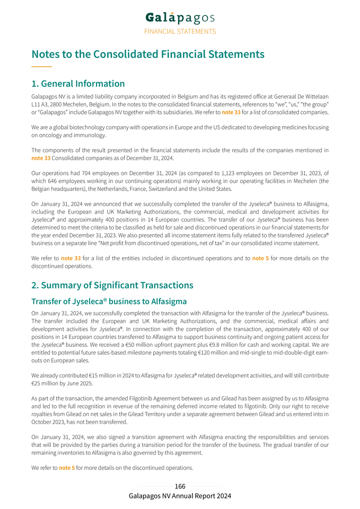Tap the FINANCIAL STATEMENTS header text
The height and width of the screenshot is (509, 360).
coord(180,31)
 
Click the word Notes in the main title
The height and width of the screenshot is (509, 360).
coord(47,54)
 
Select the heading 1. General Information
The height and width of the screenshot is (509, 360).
coord(78,84)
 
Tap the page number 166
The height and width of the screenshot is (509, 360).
coord(180,486)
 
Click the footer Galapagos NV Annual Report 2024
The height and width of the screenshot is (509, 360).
coord(180,496)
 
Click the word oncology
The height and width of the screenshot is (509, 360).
coord(44,135)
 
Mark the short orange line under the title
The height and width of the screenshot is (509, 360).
coord(41,66)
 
